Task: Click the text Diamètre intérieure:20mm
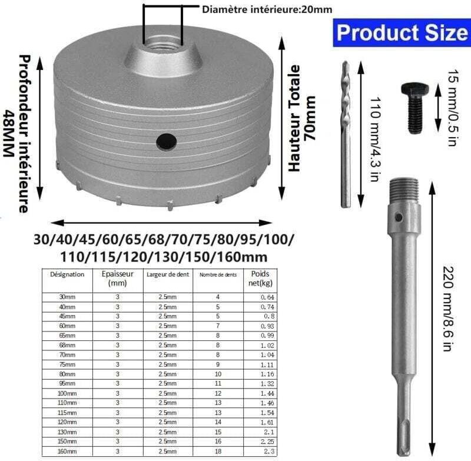click(267, 9)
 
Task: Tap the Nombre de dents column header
click(218, 275)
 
